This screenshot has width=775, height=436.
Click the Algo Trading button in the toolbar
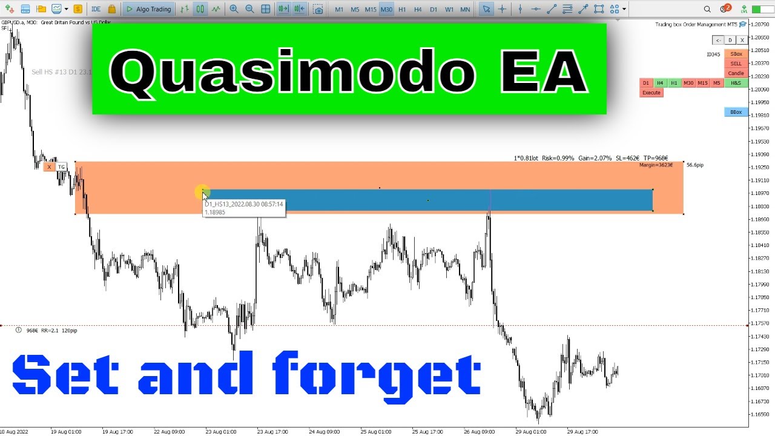coord(149,9)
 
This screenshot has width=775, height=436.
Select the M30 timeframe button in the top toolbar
coord(386,10)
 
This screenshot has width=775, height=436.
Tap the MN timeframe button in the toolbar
coord(465,10)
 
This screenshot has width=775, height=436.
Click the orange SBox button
coord(736,54)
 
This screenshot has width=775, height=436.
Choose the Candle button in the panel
coord(736,73)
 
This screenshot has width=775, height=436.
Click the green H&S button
coord(735,83)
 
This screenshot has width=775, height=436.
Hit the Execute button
coord(651,93)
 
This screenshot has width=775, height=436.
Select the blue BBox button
coord(736,112)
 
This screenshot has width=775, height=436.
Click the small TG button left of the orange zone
coord(61,167)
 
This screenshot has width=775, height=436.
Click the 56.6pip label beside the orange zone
coord(695,165)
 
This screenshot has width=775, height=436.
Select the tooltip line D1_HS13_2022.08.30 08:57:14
coord(243,205)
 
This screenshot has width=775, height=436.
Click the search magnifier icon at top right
coord(708,9)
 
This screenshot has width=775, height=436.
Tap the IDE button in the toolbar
coord(96,10)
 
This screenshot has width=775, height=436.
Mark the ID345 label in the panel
coord(713,54)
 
